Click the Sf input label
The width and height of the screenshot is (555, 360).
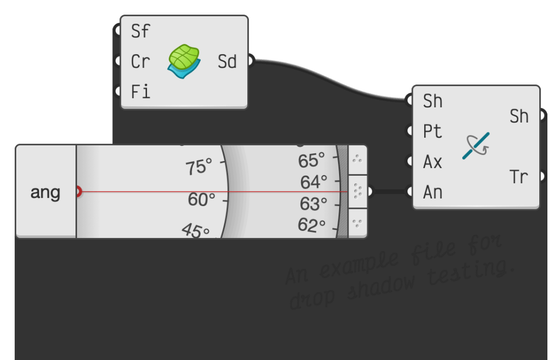[x=140, y=31]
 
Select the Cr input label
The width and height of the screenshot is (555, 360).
[x=140, y=62]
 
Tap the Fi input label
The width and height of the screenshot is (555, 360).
[x=140, y=92]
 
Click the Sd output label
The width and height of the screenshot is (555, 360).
[x=227, y=62]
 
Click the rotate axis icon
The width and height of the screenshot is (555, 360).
[x=476, y=146]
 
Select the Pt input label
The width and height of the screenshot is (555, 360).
[x=432, y=131]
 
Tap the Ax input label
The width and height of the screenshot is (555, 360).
[x=432, y=162]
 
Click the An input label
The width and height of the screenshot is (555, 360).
[x=432, y=192]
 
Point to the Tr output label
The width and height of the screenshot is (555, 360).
[x=519, y=177]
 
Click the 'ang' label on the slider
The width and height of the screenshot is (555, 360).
[x=46, y=192]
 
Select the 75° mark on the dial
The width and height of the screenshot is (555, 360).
[x=199, y=168]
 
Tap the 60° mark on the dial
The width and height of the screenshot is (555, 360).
[x=202, y=200]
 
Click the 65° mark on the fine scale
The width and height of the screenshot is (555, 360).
[x=312, y=160]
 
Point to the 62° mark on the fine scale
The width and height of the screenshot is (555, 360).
[x=311, y=225]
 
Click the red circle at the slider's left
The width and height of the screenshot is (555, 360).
[x=78, y=191]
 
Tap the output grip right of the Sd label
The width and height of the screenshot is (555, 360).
[x=250, y=61]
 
